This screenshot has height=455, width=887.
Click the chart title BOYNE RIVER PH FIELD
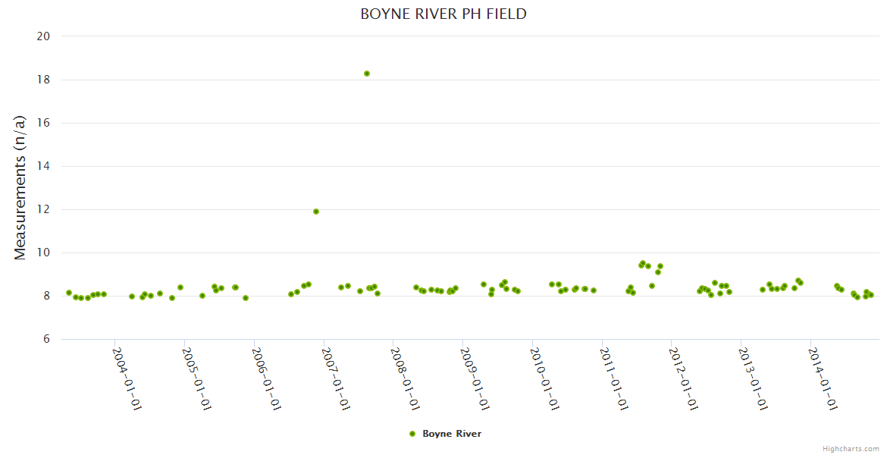(x=443, y=14)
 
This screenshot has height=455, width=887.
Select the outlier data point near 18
(x=367, y=74)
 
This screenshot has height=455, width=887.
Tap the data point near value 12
(x=316, y=212)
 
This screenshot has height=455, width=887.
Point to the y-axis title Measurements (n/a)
(x=20, y=187)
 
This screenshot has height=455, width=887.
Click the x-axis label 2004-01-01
(x=127, y=378)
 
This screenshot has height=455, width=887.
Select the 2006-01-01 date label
(x=267, y=378)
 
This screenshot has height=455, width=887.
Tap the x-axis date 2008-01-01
(x=406, y=378)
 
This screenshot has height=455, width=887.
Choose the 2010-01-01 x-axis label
(x=545, y=378)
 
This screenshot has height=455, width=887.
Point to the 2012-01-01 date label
(x=684, y=378)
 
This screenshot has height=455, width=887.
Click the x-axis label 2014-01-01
(x=823, y=378)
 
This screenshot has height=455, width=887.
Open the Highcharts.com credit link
(x=851, y=448)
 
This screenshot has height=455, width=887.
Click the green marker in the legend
(x=412, y=434)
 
